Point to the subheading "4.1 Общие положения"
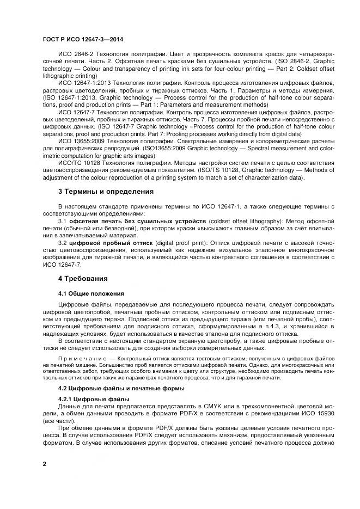[x=91, y=293]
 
